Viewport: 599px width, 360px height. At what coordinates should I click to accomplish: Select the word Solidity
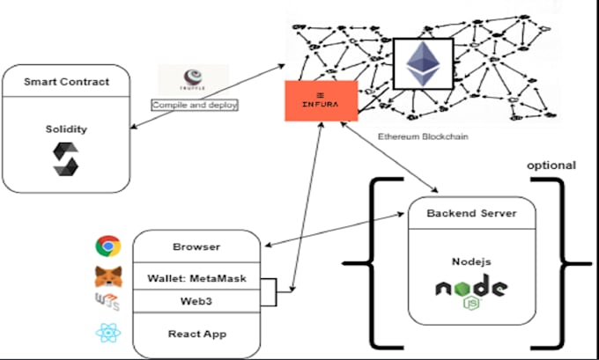[66, 129]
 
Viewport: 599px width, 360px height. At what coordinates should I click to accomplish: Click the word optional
[551, 165]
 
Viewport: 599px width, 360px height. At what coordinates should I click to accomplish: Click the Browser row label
[196, 246]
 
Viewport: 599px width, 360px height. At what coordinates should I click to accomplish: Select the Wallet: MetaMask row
[196, 279]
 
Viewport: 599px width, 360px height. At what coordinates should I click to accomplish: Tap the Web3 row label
[196, 301]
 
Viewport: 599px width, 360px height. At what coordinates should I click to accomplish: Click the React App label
[196, 334]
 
